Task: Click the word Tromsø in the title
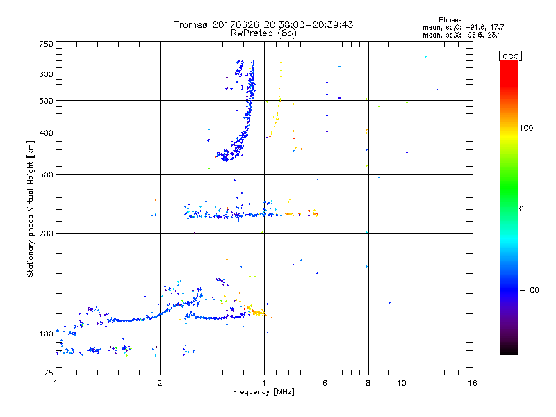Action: pos(192,24)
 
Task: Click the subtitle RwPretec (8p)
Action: pos(263,33)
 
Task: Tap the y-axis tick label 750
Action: pos(46,44)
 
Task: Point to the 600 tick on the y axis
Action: pos(46,74)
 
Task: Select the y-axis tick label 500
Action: pos(46,101)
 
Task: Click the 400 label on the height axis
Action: pos(46,133)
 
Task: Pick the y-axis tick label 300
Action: pos(46,174)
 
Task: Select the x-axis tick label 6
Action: pos(325,383)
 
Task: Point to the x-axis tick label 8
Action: pos(368,383)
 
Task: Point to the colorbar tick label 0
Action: pos(523,208)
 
